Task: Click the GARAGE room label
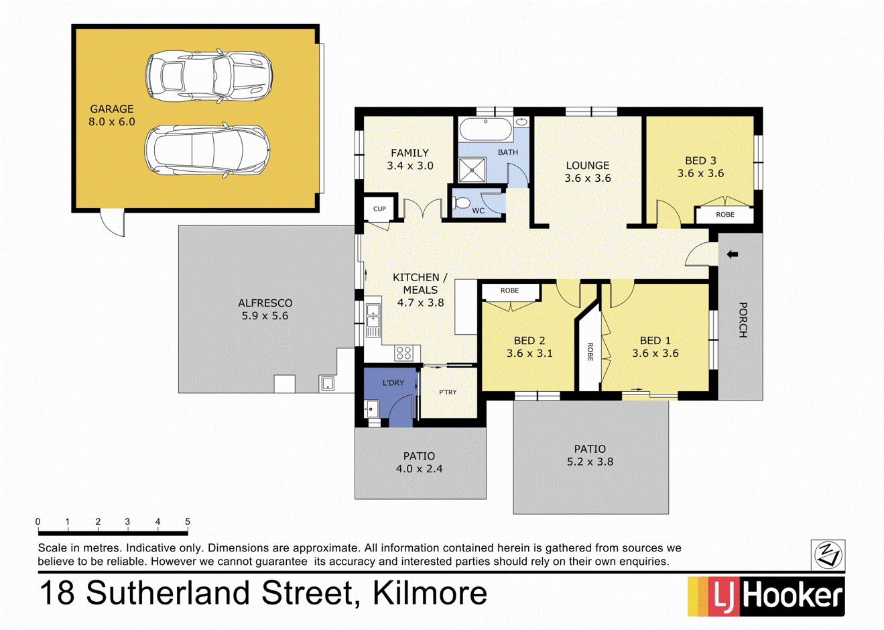[112, 109]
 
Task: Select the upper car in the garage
[208, 76]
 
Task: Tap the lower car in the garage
[207, 150]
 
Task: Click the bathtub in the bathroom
[485, 129]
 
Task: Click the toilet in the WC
[462, 202]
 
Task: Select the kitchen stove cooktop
[403, 353]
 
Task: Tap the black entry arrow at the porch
[732, 255]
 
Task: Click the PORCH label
[742, 320]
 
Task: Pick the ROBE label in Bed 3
[725, 215]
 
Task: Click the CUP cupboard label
[379, 209]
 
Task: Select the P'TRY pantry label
[447, 392]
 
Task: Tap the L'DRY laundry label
[393, 382]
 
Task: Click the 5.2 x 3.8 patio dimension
[590, 462]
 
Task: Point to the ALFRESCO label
[265, 303]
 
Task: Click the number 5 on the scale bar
[188, 521]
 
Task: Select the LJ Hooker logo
[765, 596]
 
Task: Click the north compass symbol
[828, 555]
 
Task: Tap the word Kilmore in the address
[430, 593]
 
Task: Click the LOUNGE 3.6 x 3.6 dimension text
[587, 178]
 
